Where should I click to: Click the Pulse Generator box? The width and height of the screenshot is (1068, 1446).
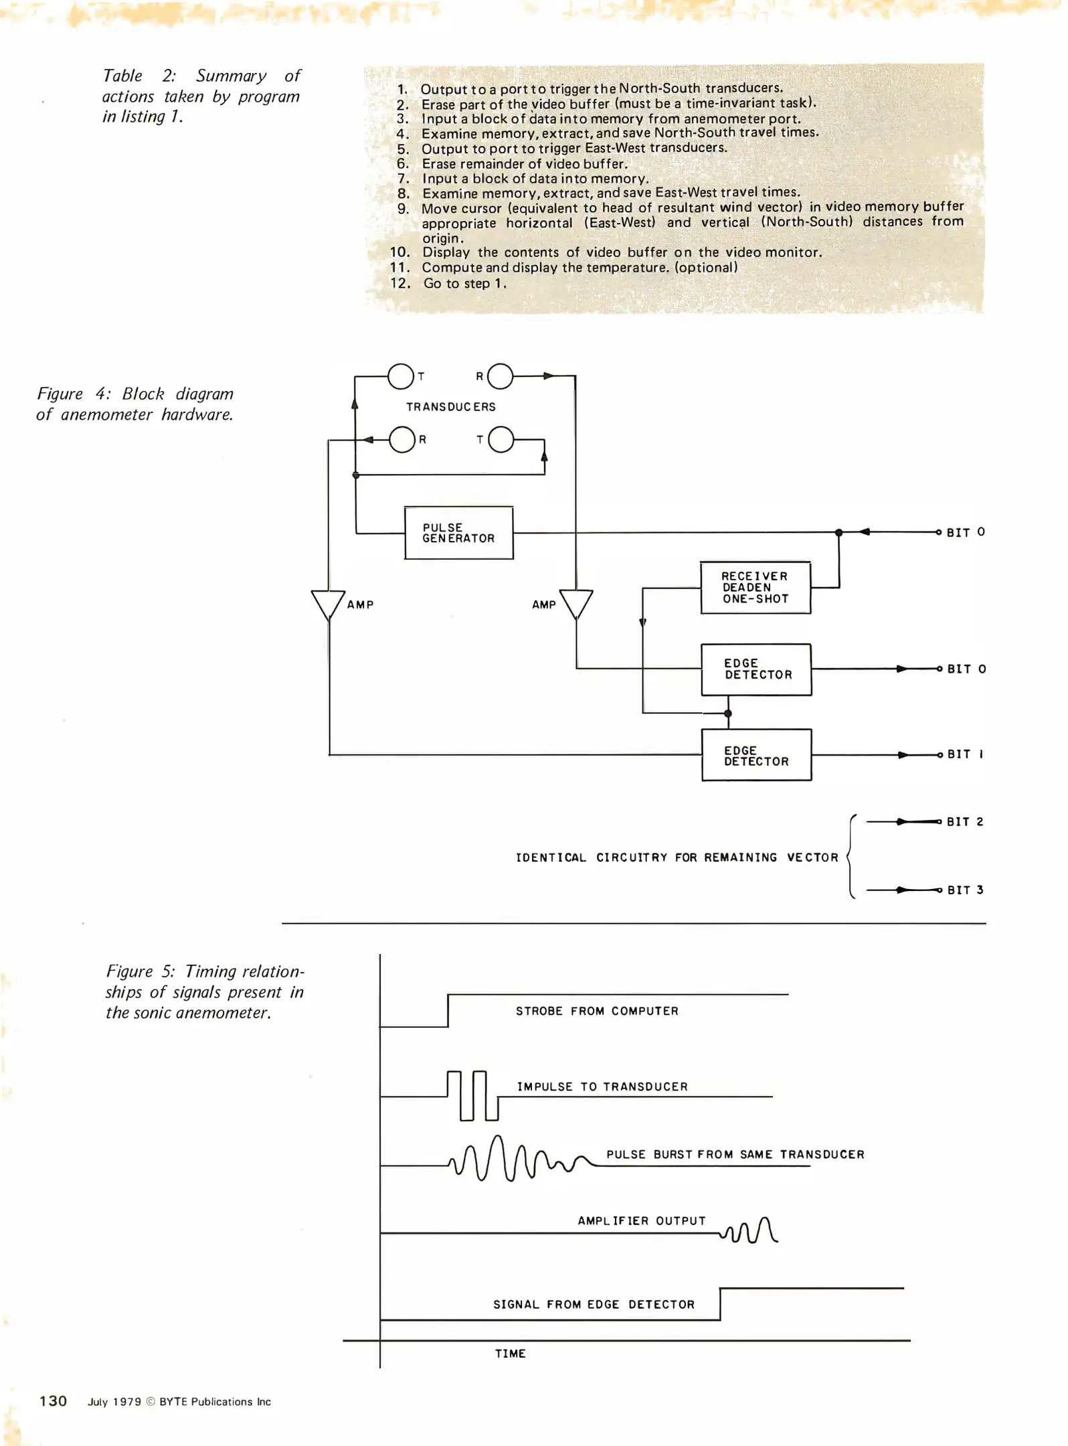[459, 534]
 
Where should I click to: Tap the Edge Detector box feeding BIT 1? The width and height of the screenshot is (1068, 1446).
[757, 756]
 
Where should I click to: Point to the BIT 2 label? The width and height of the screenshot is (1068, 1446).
[965, 822]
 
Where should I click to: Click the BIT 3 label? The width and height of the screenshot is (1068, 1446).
[965, 890]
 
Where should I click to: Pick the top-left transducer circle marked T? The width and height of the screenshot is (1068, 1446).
[401, 377]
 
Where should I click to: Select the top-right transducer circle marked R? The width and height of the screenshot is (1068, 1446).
[501, 377]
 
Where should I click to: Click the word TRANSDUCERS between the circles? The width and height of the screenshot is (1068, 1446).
[451, 407]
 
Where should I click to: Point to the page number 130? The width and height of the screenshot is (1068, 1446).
[54, 1401]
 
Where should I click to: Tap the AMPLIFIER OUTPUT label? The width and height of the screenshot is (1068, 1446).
[642, 1221]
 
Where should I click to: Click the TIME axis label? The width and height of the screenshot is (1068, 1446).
[511, 1354]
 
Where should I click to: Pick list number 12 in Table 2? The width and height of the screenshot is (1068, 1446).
[400, 284]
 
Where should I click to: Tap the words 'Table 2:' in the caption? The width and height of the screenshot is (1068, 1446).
[139, 76]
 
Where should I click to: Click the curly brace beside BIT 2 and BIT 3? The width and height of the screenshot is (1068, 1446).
[851, 857]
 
